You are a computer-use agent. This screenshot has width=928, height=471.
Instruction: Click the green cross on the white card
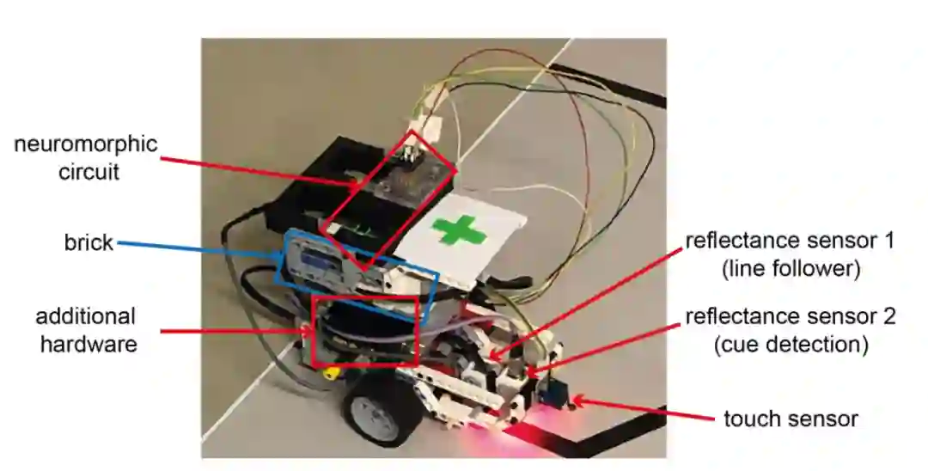[465, 230]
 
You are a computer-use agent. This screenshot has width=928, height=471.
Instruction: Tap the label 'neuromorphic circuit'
[86, 157]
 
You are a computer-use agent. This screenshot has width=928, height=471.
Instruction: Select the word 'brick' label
[89, 242]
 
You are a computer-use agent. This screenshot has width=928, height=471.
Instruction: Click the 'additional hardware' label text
[86, 330]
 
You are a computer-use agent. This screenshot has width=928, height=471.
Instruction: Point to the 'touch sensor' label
[791, 419]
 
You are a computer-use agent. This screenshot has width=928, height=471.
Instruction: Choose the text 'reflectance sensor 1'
[790, 240]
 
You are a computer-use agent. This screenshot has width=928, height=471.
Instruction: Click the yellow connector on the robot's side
[329, 373]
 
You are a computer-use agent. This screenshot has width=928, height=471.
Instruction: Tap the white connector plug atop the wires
[427, 130]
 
